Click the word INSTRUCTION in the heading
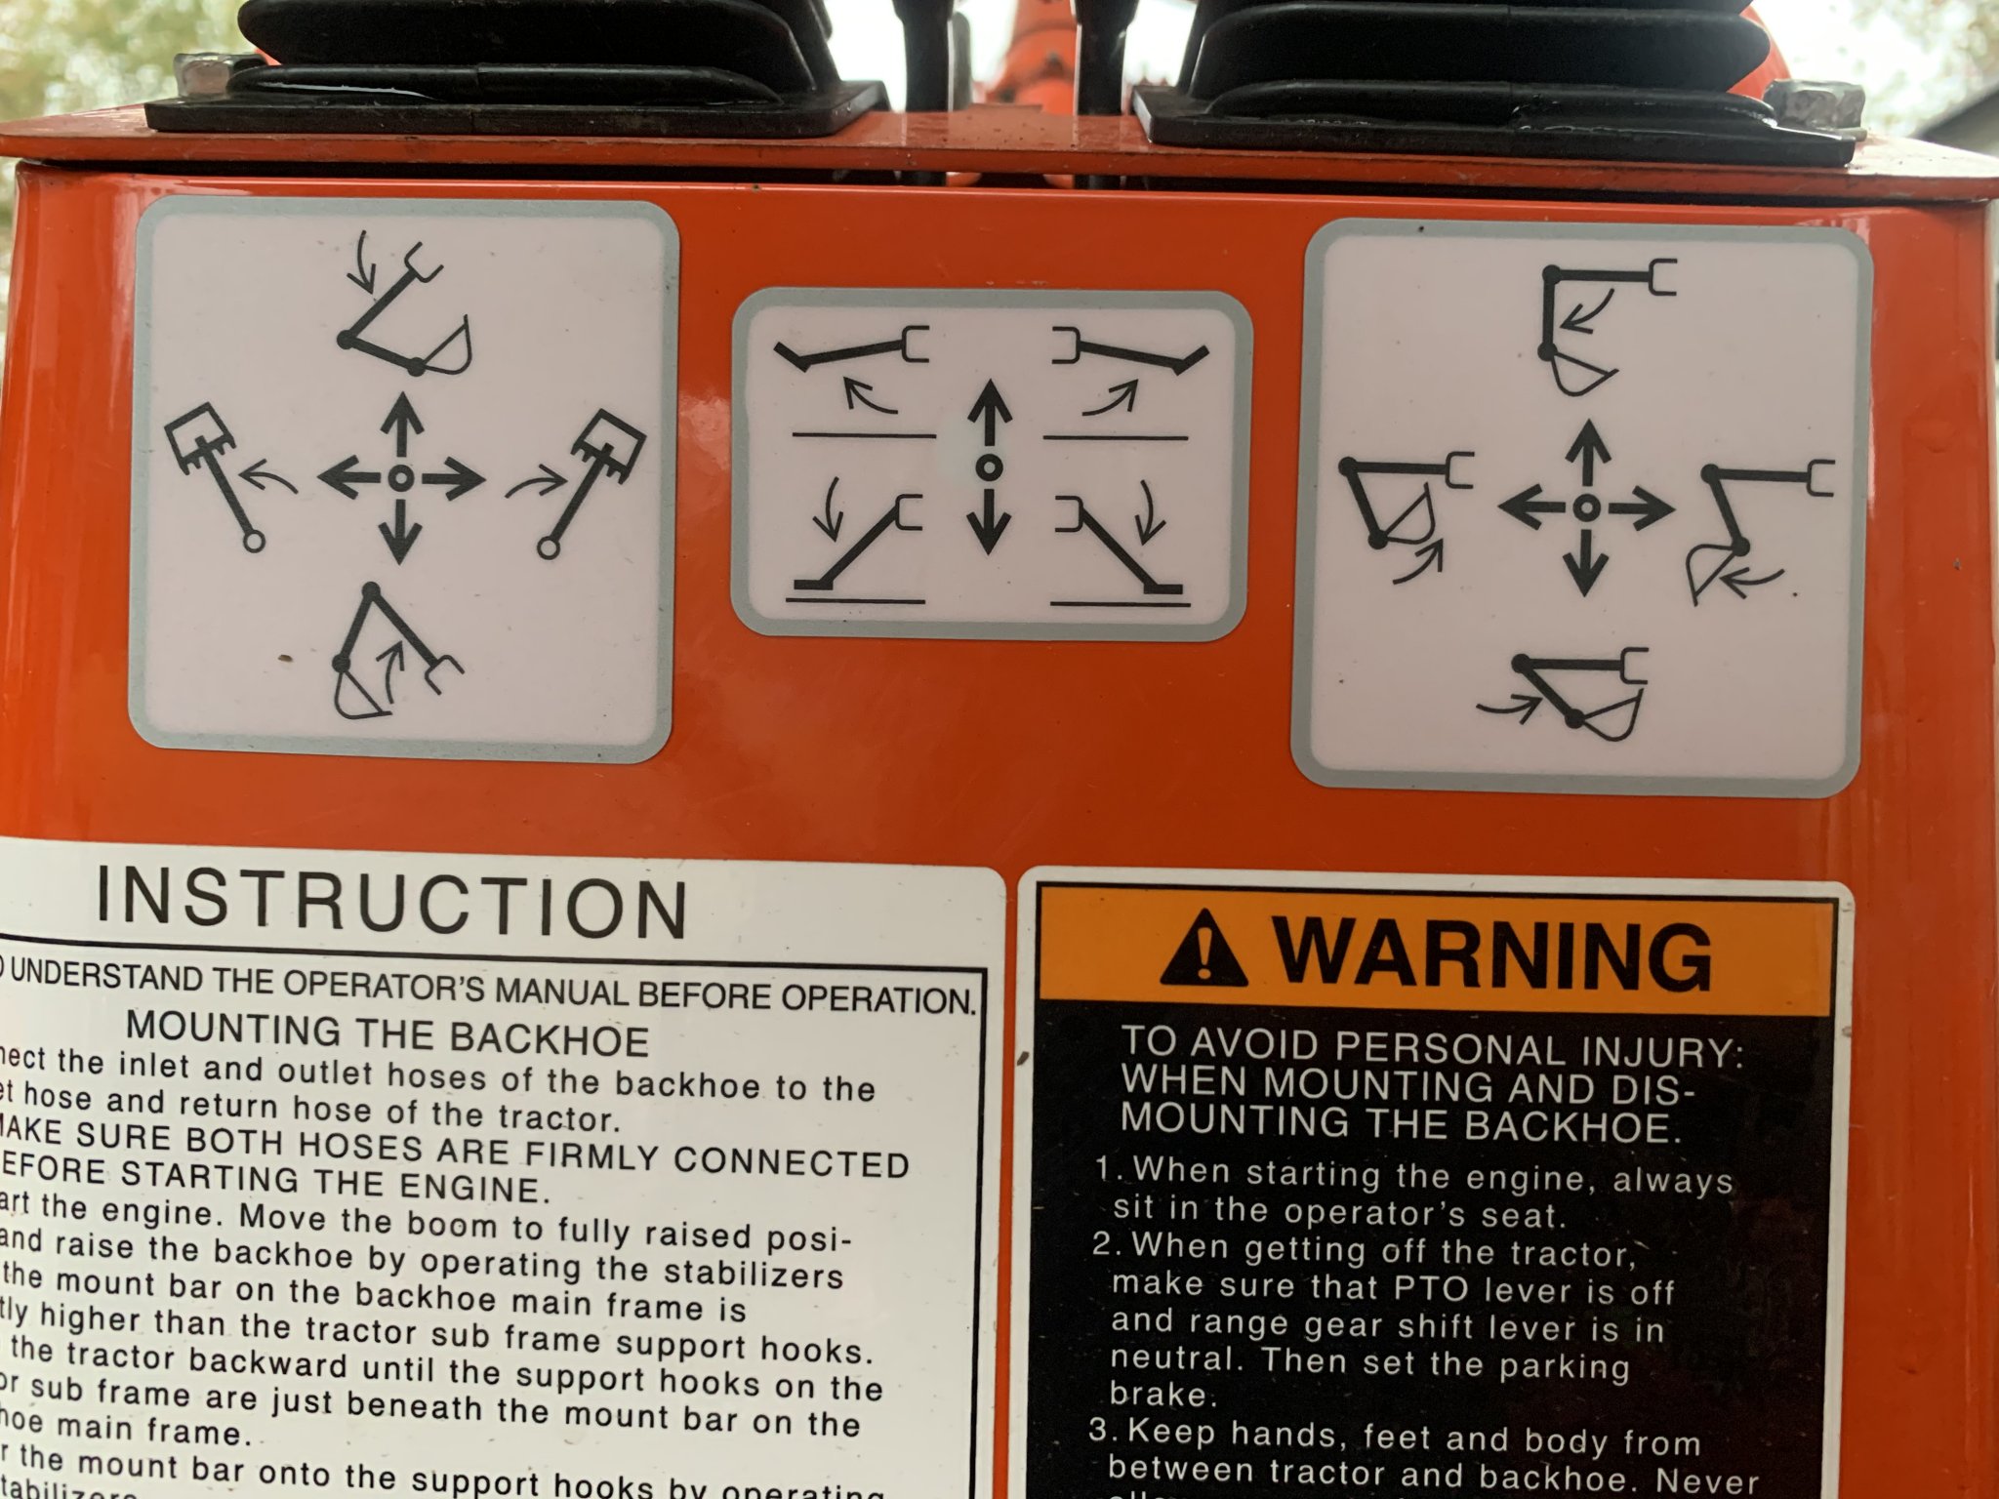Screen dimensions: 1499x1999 [391, 903]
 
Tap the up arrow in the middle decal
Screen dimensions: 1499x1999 [989, 410]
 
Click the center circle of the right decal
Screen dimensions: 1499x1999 [1585, 506]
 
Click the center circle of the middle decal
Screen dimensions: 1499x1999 [988, 466]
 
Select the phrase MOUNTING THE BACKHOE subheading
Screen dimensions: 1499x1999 [388, 1034]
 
